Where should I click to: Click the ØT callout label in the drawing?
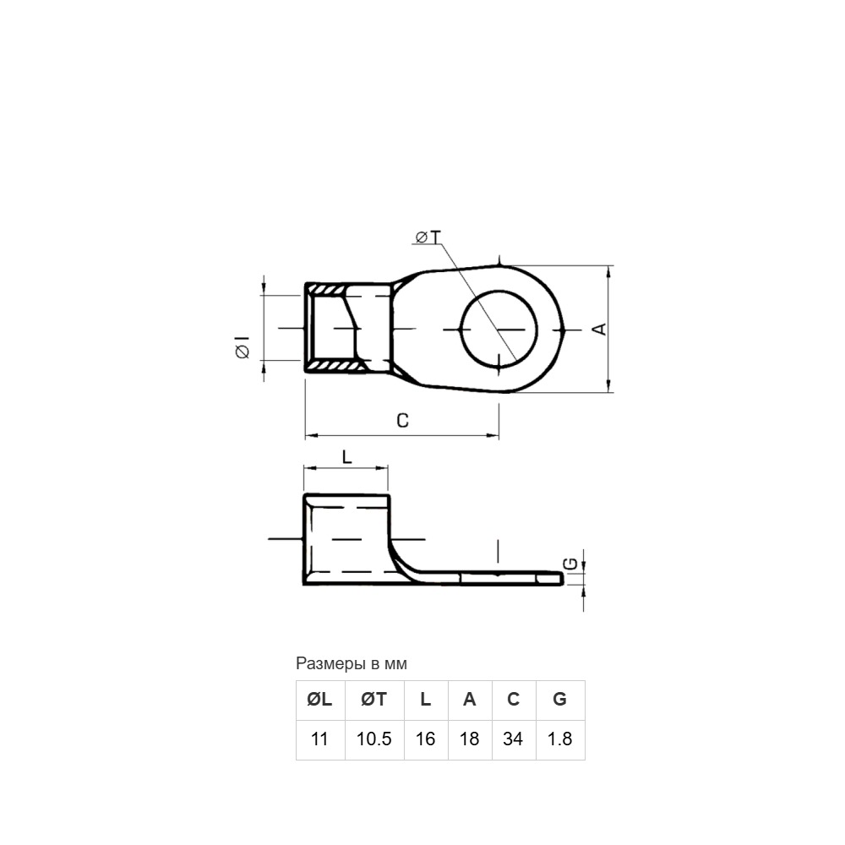coord(428,237)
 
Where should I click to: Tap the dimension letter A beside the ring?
coord(599,329)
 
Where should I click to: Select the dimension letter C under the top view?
coord(402,420)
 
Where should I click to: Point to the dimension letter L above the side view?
coord(347,457)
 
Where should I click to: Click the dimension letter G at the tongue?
coord(570,564)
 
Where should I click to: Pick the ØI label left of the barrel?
coord(243,347)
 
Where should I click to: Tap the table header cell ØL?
coord(319,700)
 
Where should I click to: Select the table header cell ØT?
coord(374,700)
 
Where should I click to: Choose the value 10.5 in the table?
coord(374,739)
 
